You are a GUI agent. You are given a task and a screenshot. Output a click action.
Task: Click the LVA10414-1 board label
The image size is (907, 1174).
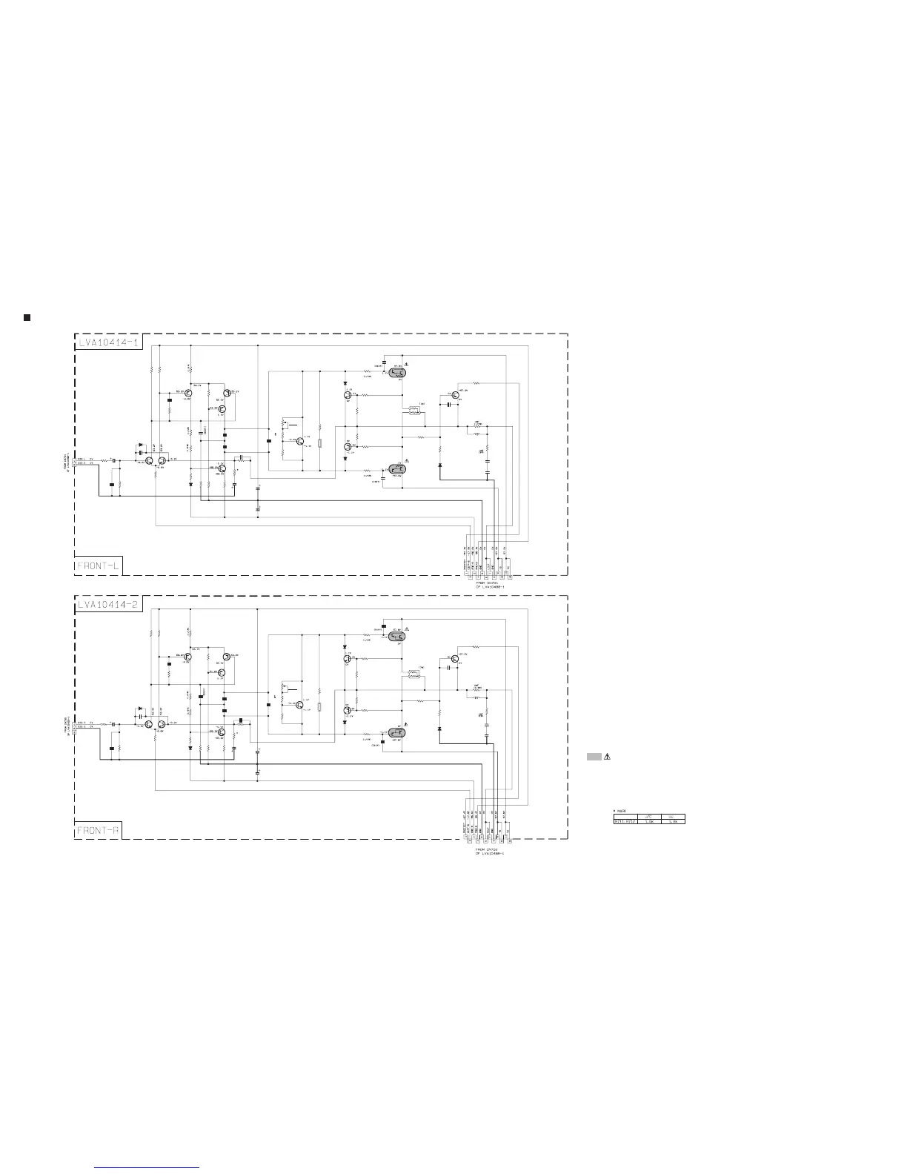[x=109, y=342]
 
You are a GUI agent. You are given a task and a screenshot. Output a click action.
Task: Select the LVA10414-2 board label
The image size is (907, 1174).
[x=109, y=605]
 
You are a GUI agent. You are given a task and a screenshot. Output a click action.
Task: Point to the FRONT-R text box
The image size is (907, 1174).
[x=98, y=830]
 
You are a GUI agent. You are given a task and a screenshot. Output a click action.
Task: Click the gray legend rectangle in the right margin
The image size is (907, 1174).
[x=594, y=757]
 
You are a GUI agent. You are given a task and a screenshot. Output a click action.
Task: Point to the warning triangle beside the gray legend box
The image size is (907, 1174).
[x=606, y=757]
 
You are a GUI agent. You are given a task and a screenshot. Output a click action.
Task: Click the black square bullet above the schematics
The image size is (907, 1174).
[x=27, y=317]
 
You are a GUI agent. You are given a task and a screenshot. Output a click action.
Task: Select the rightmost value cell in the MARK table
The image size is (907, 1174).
[x=673, y=820]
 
